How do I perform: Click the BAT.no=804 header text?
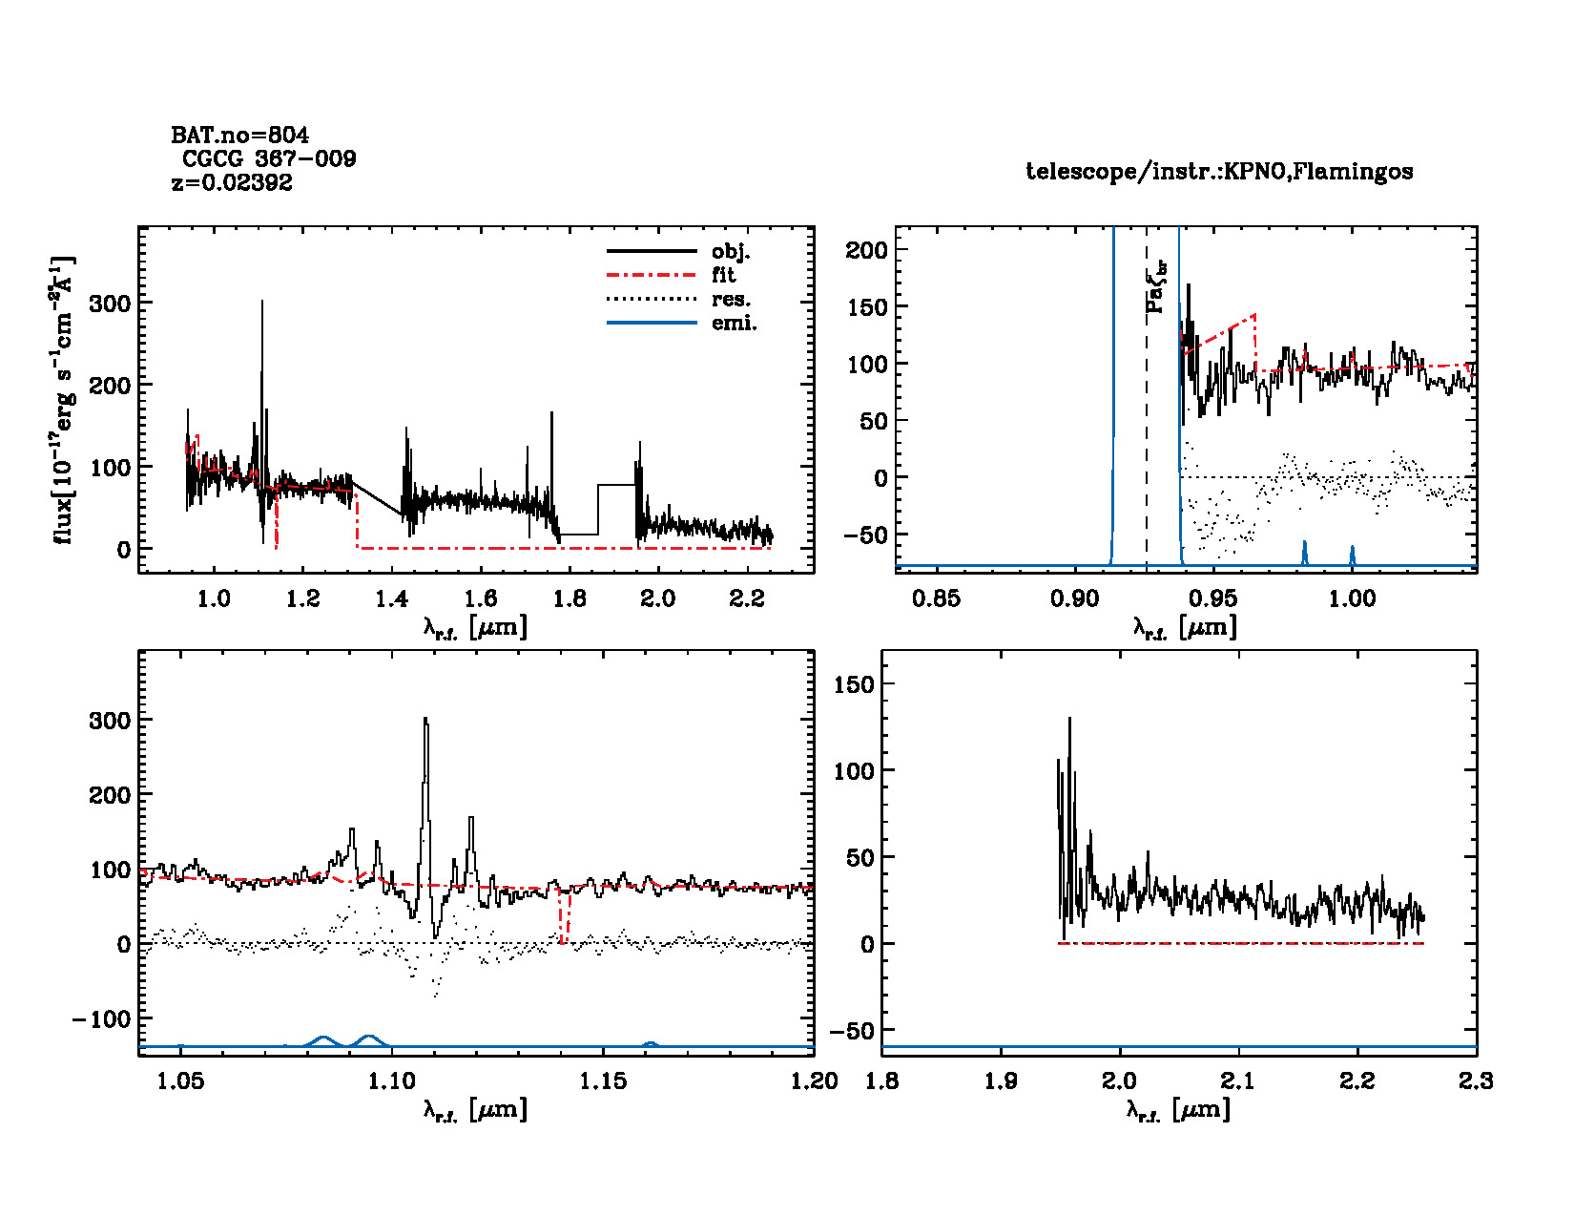point(239,136)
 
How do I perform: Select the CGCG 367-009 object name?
point(269,158)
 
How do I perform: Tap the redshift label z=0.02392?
point(232,182)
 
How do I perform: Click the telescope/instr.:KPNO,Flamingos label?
point(1219,172)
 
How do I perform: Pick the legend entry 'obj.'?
point(731,252)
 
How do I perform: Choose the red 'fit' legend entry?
point(723,275)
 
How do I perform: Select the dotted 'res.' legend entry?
point(731,299)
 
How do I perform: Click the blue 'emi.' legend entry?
point(734,323)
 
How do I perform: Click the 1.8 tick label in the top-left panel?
point(570,598)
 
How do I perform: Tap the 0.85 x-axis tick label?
point(936,598)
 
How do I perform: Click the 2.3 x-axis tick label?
point(1476,1081)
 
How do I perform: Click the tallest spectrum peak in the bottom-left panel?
point(425,721)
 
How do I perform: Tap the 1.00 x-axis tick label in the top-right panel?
point(1352,598)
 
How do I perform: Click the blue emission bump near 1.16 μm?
point(650,1044)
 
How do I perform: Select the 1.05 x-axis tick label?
point(180,1081)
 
